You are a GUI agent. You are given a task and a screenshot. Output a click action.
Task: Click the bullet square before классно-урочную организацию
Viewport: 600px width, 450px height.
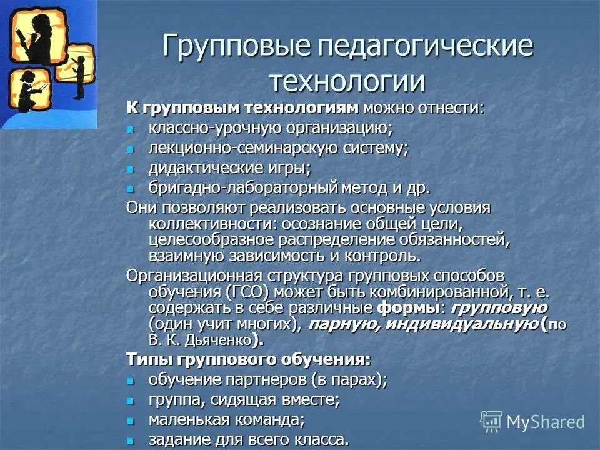(x=131, y=130)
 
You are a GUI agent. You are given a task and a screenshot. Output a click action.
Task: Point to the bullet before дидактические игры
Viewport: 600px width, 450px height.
(x=131, y=170)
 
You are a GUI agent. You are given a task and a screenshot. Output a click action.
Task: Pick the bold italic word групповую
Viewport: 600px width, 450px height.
(x=499, y=308)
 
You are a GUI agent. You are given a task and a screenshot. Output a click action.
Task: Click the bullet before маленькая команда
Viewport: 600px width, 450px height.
(x=131, y=420)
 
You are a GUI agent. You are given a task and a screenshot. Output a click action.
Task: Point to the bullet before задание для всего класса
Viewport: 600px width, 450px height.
(x=131, y=440)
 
